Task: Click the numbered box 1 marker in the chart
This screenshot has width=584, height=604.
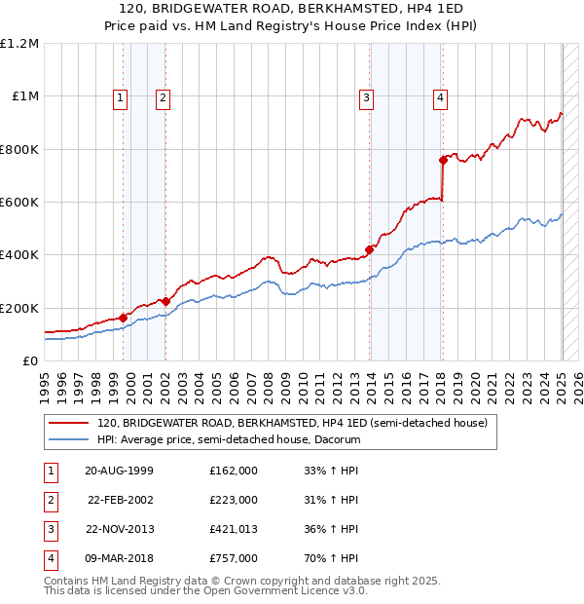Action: point(119,97)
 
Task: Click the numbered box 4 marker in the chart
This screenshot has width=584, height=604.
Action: point(441,97)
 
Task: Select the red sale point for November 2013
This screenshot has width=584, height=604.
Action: point(370,249)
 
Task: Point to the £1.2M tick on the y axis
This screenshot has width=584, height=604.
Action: point(19,44)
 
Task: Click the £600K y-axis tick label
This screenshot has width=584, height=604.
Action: point(19,203)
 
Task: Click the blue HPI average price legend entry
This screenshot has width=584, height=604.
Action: point(229,440)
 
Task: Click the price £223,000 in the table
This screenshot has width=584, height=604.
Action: point(234,500)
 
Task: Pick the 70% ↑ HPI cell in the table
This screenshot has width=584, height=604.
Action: point(331,558)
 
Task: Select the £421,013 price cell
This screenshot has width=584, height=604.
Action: point(234,529)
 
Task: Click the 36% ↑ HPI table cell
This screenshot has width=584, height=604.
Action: point(331,529)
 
